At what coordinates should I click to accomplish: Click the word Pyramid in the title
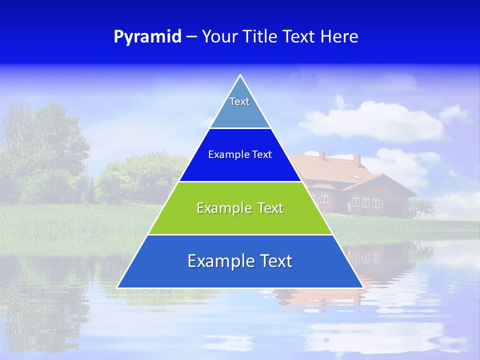[147, 37]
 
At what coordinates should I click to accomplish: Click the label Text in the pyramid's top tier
[239, 101]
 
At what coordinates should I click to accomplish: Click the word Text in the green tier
[270, 208]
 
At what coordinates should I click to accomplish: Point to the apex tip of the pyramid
[240, 75]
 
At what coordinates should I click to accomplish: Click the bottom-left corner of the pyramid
[118, 287]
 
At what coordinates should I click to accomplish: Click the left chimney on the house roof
[322, 155]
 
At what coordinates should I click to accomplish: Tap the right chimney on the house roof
[357, 159]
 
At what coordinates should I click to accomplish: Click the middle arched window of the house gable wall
[365, 201]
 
